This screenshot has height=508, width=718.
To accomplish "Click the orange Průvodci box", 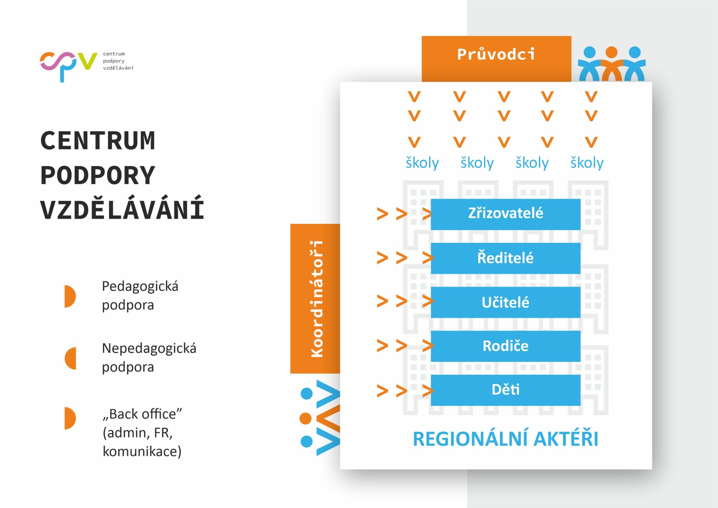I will coord(496,58).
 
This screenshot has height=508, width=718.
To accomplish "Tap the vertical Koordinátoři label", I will coord(316,299).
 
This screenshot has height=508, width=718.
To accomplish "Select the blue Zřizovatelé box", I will coord(505,214).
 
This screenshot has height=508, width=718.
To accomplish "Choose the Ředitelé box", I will coord(505,258).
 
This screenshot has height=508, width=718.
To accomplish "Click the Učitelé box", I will coord(505,302).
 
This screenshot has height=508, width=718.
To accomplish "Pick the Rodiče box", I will coord(505,346).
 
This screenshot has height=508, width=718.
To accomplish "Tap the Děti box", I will coord(505,390).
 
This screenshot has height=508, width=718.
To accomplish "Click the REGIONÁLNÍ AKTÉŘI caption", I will coord(505,439).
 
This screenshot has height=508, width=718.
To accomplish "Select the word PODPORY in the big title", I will coord(98,175).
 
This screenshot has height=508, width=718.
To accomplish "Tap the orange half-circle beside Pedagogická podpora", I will coord(70,296).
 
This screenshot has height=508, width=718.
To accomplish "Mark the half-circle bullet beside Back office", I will coord(70,418).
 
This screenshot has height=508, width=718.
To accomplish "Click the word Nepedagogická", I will coord(149,349).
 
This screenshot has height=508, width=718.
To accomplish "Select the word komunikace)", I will coord(142,451).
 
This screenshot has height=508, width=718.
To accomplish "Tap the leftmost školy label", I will coord(422,163).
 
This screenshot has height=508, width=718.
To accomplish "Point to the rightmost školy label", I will coord(587,163).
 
